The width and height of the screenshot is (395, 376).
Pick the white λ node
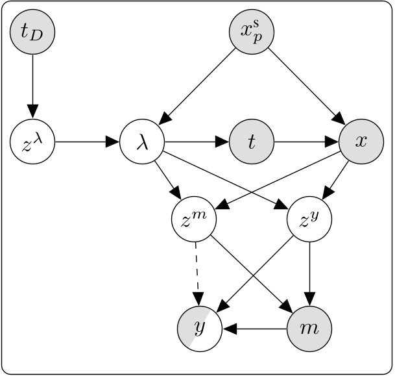click(x=142, y=142)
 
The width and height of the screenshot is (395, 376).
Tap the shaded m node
click(x=309, y=329)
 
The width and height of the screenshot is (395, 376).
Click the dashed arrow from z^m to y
click(x=197, y=275)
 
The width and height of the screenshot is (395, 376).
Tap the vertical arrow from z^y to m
click(x=309, y=275)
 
